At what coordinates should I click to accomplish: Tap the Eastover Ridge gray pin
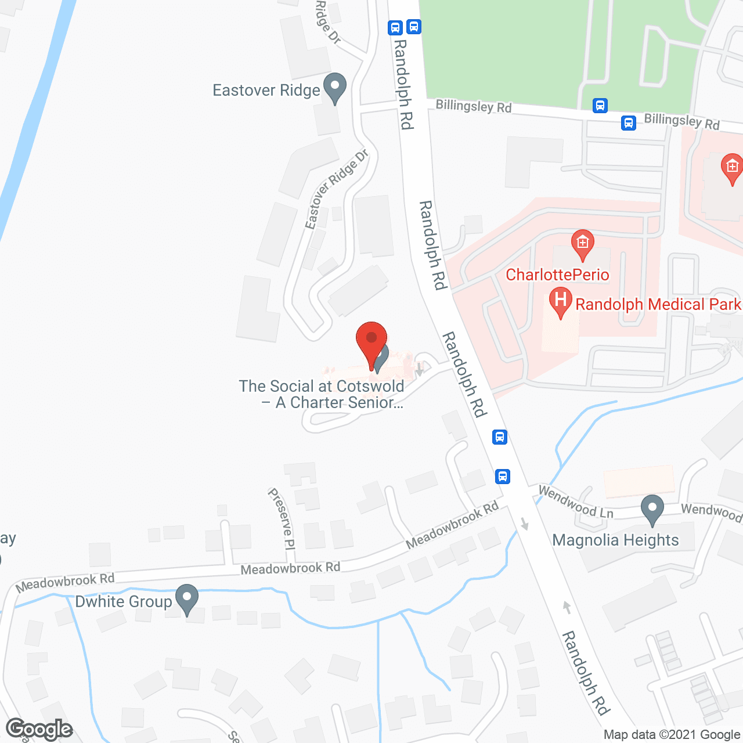334,88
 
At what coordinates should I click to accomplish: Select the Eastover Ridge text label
266,91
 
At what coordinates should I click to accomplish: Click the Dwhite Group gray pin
187,598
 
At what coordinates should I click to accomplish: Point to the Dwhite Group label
124,601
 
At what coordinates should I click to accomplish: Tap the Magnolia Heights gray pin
652,509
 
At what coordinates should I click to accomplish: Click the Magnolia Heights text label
615,540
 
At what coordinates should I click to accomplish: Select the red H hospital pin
560,301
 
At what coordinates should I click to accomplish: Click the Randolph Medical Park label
658,305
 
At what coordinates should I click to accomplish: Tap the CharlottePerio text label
557,275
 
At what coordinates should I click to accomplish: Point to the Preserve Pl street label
282,518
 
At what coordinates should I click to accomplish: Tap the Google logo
39,729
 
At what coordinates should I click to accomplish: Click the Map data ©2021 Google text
672,735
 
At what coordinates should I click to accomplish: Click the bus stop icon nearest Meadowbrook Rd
503,477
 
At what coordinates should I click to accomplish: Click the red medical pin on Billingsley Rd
732,168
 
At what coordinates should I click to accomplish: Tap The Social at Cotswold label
322,394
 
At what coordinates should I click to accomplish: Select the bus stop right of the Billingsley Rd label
600,106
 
